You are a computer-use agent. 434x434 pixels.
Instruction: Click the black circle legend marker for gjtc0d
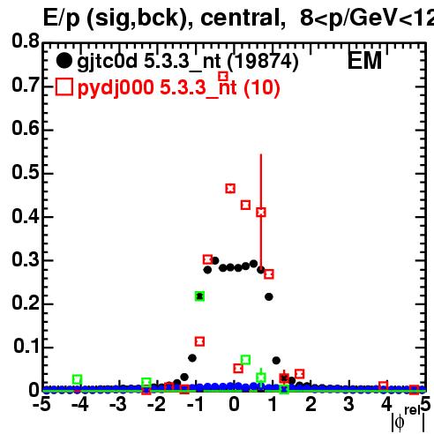64,61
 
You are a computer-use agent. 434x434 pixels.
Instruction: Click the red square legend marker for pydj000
64,86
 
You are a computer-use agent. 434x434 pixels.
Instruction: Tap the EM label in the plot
364,61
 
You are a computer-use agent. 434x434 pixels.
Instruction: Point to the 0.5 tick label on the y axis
26,173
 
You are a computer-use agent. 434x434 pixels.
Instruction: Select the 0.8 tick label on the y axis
26,41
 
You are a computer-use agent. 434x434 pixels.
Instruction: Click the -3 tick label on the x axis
118,404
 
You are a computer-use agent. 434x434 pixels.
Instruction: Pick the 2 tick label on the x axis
311,404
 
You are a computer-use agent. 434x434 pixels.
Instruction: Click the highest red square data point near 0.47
230,189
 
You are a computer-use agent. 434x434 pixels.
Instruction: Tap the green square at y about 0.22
199,296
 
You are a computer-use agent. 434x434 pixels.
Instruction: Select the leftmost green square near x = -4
77,379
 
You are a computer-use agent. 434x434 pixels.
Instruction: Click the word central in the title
239,19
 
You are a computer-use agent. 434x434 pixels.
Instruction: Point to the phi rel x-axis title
408,419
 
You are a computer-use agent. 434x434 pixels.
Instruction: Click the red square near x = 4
383,385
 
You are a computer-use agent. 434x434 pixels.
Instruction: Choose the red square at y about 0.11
199,341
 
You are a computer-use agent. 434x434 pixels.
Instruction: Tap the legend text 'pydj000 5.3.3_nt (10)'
179,87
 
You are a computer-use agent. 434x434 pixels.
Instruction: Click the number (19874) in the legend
263,62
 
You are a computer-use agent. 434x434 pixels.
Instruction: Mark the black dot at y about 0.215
269,297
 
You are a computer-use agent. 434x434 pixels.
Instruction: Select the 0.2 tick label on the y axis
26,303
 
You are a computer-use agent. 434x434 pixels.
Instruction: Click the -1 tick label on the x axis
196,404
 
